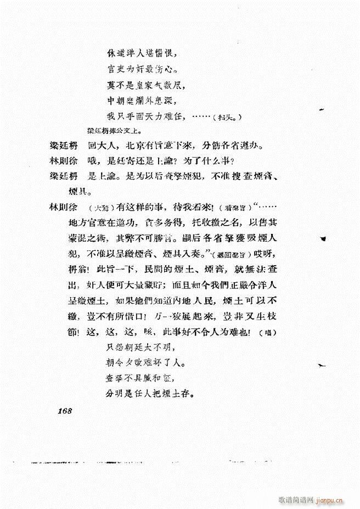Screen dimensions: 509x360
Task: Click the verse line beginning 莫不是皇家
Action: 145,85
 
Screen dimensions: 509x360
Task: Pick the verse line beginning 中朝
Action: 145,100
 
